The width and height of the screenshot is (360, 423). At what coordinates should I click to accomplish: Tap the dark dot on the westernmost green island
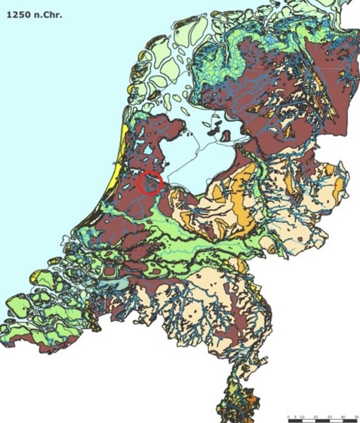click(x=24, y=308)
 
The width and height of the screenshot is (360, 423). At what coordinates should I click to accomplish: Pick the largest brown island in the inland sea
click(x=225, y=136)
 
